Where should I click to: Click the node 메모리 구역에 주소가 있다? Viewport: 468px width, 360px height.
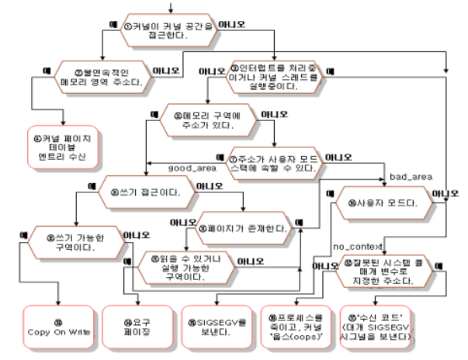[210, 120]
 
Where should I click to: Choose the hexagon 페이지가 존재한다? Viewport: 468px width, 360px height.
[244, 229]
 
